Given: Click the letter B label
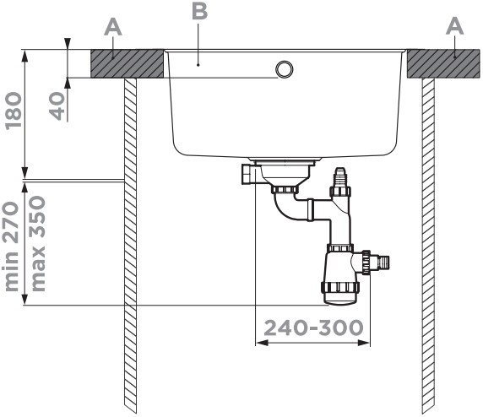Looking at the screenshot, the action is click(x=199, y=11).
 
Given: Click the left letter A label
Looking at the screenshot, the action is click(x=113, y=27).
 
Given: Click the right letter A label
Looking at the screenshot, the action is click(x=454, y=25).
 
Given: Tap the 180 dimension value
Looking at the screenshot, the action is click(x=14, y=111).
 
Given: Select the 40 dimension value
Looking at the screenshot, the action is click(x=57, y=106).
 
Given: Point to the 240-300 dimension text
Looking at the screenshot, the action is click(x=313, y=328).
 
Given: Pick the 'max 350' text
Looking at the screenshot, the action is click(x=38, y=244).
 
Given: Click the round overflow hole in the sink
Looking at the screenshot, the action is click(x=284, y=69).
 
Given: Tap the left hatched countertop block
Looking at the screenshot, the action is click(x=127, y=64).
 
